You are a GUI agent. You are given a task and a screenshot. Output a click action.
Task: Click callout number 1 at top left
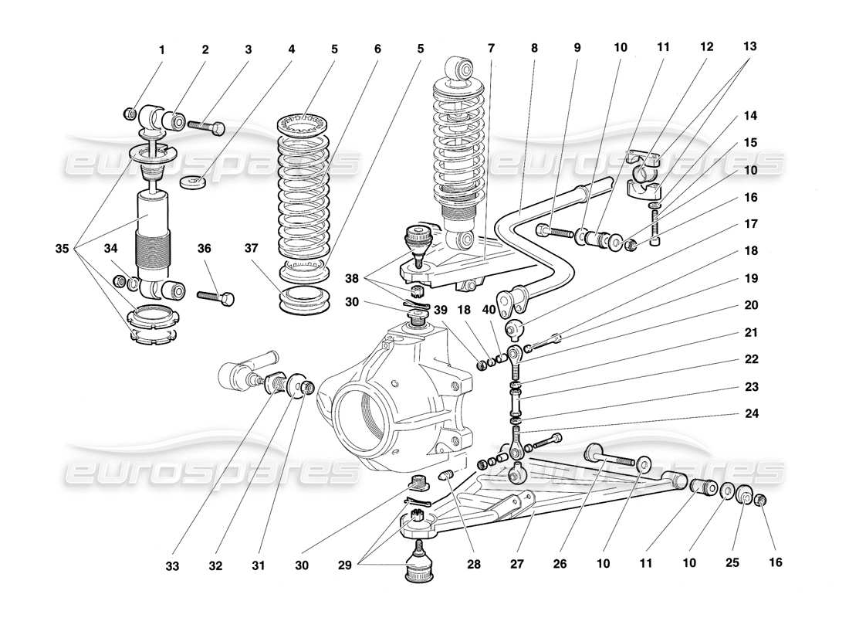(161, 50)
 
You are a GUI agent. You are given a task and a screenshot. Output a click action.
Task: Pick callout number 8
(533, 46)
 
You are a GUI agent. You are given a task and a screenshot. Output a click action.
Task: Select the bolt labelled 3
(206, 125)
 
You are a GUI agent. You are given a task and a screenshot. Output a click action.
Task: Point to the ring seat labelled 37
(301, 300)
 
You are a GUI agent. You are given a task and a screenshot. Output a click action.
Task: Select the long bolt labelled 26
(614, 457)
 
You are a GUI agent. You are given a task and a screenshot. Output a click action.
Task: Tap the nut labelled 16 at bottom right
(759, 501)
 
